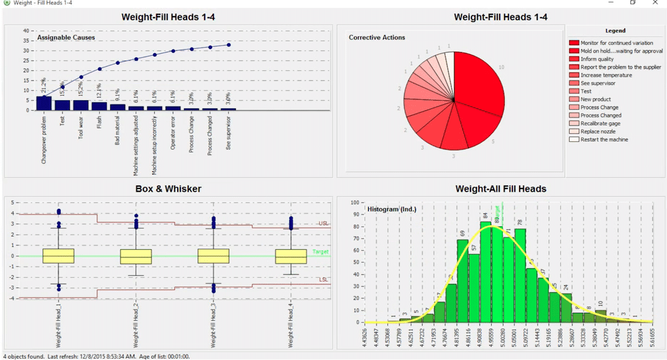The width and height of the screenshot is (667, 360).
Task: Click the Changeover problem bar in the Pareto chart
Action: pos(43,103)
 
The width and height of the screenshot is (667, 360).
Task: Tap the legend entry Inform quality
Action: pos(597,59)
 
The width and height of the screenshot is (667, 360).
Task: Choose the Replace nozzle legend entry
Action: pos(598,132)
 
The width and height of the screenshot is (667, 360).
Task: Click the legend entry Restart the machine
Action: pos(604,140)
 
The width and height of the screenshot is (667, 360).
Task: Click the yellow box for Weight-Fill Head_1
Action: pos(58,256)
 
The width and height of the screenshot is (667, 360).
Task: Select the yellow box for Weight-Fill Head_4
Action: pos(291,257)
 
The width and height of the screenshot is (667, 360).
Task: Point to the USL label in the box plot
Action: pos(324,224)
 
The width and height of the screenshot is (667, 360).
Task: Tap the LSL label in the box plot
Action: pos(324,280)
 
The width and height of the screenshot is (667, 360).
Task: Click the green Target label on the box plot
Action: pos(320,252)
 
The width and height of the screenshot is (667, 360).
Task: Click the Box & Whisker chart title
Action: pos(168,189)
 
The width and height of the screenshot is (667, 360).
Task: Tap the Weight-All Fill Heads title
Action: pos(501,189)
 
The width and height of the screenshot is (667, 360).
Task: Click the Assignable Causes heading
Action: pos(66,38)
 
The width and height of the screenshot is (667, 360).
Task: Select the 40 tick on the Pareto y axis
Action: pos(26,31)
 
